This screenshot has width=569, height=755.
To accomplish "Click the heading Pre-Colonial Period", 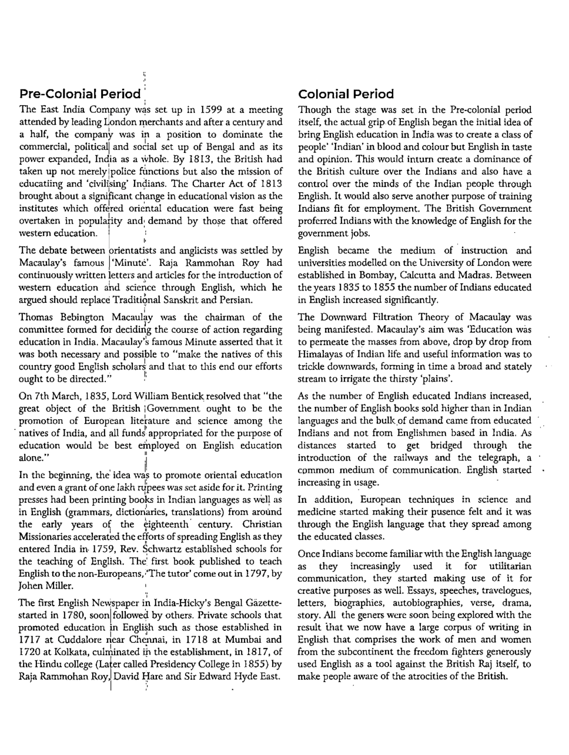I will pyautogui.click(x=80, y=94).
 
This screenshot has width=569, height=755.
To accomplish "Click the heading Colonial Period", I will pyautogui.click(x=346, y=94).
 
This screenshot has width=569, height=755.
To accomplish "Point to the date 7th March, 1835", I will pyautogui.click(x=66, y=396).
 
